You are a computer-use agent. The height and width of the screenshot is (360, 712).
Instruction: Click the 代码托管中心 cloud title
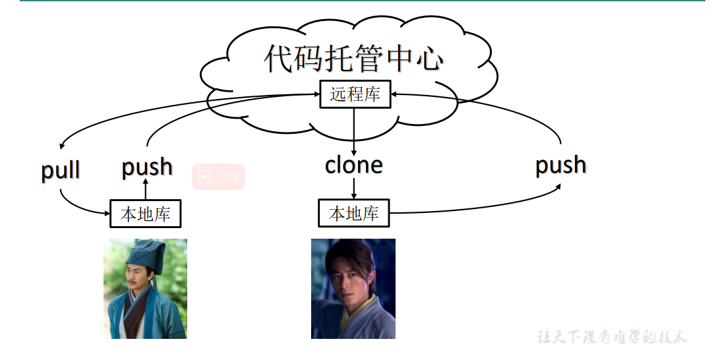tap(353, 59)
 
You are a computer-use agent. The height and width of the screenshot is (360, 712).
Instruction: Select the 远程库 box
tap(355, 94)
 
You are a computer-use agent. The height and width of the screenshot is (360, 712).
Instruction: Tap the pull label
tap(61, 170)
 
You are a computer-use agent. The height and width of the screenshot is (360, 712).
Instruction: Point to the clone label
tap(354, 165)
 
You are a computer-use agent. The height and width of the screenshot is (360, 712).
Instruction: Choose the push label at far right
tap(560, 165)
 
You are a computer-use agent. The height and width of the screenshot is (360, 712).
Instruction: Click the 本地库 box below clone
tap(354, 214)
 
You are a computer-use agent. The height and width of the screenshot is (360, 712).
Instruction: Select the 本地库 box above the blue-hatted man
tap(145, 214)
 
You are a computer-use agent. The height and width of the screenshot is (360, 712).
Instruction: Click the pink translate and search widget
tap(218, 177)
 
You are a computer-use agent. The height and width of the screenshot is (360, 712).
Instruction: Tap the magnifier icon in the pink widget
tap(231, 177)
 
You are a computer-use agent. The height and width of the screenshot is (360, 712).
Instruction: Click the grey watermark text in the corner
tap(612, 337)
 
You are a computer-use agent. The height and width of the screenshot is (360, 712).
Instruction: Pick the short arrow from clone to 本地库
tap(354, 188)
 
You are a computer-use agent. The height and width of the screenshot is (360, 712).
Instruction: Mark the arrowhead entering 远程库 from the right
tap(394, 95)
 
